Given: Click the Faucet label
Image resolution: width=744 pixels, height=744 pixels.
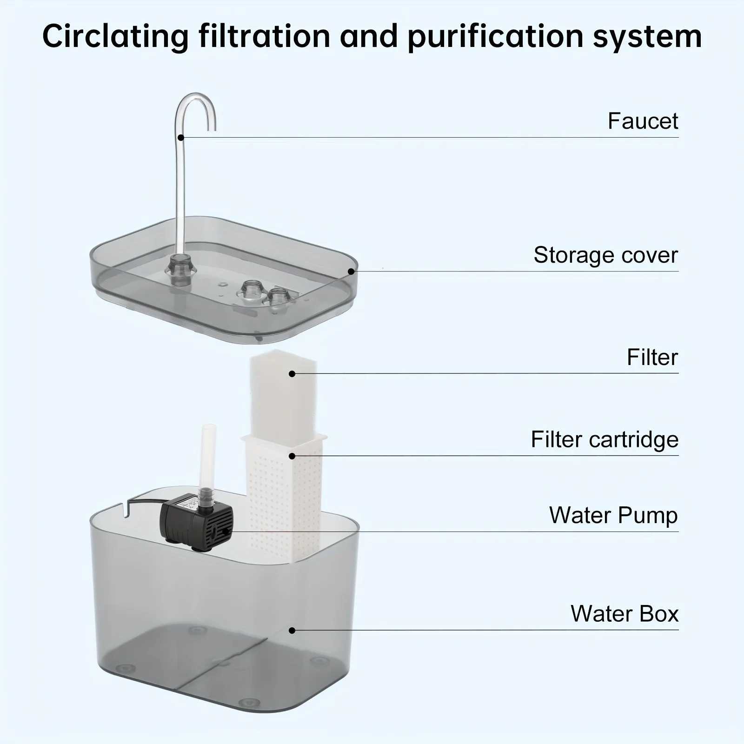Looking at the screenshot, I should coord(643,121).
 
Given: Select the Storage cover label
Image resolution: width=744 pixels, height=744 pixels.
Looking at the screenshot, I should coord(605,255).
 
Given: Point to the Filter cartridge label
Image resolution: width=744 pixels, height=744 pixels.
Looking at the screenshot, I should coord(604,439).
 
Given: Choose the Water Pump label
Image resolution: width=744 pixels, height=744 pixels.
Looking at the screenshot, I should coord(613,515).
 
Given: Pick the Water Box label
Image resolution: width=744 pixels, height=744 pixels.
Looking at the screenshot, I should coord(624,613).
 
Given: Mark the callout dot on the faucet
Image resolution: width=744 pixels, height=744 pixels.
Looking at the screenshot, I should coord(181,137).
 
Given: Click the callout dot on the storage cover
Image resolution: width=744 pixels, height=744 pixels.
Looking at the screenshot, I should coord(351,271).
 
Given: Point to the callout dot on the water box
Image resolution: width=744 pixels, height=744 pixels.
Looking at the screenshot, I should coord(292,631).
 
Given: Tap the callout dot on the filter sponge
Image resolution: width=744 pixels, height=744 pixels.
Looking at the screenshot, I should coord(292,373).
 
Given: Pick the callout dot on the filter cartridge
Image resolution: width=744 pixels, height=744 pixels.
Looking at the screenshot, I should coord(292,456).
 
